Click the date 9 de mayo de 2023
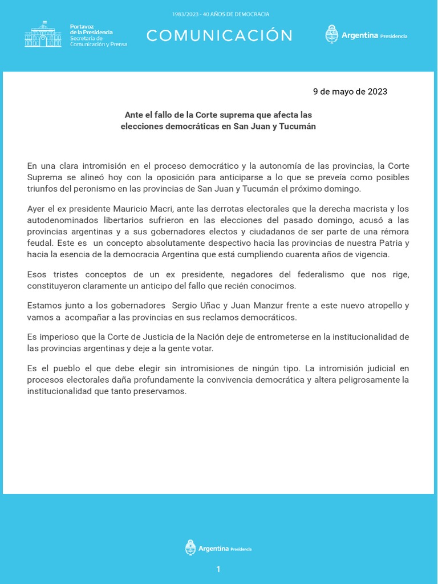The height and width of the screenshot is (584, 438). (x=350, y=91)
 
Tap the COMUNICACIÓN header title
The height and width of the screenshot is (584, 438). (x=220, y=36)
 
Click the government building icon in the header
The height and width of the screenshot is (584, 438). (x=43, y=34)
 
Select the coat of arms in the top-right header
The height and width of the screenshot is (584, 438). (x=331, y=35)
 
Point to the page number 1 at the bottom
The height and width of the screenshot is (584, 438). (x=218, y=569)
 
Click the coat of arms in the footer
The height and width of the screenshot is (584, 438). (x=190, y=548)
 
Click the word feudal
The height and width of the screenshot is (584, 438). (x=40, y=243)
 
